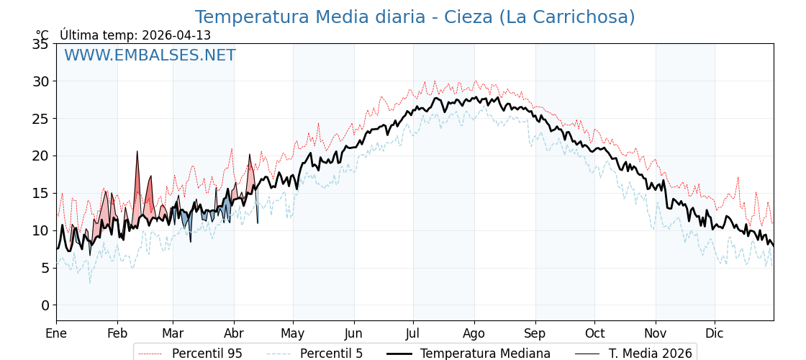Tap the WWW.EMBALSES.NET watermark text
click(x=150, y=55)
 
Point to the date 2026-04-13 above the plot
click(x=176, y=35)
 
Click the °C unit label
click(x=42, y=35)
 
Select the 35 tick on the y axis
click(x=41, y=44)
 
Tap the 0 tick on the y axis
click(x=45, y=305)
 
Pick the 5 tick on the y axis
click(x=45, y=268)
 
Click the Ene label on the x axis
click(x=56, y=333)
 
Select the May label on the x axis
click(x=293, y=333)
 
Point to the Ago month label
click(x=474, y=333)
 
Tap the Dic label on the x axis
click(x=715, y=333)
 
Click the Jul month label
click(x=413, y=333)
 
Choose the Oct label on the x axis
click(x=594, y=333)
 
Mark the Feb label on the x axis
click(x=117, y=333)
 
